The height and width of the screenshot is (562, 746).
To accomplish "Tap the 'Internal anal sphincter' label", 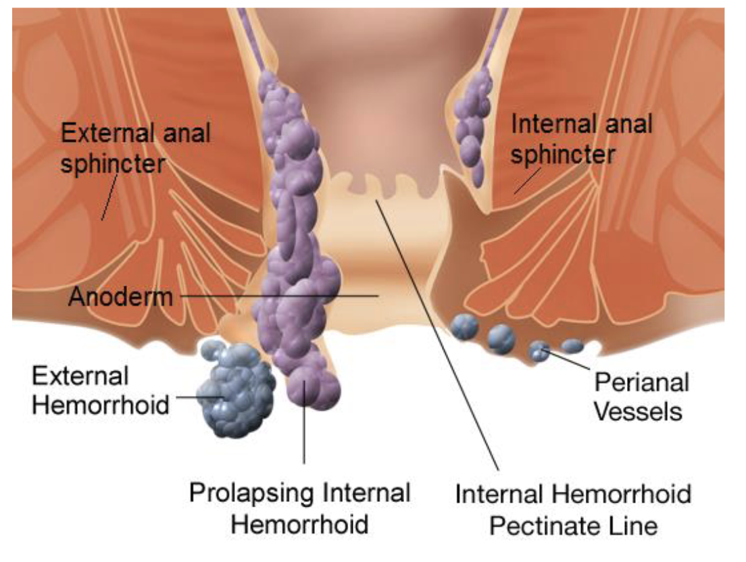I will coord(581,139).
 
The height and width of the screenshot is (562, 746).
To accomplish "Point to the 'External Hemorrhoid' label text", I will coord(100,390).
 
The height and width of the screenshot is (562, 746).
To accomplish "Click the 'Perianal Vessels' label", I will coord(641,397).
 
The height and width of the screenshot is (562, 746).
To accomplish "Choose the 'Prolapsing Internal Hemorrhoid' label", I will coord(299,508).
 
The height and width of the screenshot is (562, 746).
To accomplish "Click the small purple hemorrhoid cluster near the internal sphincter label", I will coord(473,122).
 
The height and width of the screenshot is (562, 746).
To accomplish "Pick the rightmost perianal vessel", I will coord(572,346).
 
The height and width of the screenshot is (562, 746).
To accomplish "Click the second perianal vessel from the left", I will coord(501,337).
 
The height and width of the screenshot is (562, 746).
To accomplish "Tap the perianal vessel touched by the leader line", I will coord(539,350).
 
